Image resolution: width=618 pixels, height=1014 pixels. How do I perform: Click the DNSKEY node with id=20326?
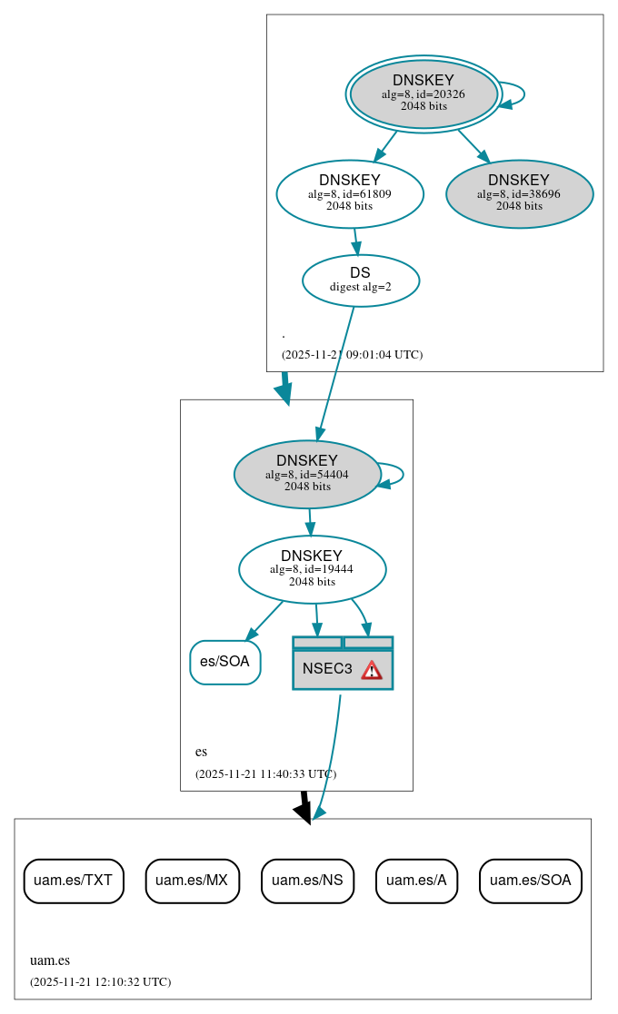[424, 94]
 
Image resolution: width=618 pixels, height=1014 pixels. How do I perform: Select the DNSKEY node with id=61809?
[350, 193]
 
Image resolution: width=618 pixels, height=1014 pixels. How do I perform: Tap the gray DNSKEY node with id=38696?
[519, 193]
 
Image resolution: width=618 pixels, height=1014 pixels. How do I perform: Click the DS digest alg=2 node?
[360, 280]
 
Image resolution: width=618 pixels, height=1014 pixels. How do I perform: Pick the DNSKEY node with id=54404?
[307, 474]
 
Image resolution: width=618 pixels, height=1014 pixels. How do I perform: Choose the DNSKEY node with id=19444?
[312, 569]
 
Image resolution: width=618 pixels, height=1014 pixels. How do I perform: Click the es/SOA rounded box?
[224, 662]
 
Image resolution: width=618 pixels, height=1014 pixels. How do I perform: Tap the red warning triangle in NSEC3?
[372, 670]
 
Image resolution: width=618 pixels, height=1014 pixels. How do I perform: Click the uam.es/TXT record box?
[73, 881]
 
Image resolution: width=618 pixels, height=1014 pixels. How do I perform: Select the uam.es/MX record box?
[192, 881]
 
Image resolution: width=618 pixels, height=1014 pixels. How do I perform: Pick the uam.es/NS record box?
[307, 881]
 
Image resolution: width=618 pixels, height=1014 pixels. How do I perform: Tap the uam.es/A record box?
[416, 881]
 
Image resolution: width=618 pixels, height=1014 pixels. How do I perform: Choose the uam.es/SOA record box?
[531, 881]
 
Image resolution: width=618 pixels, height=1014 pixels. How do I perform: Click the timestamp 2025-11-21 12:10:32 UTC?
[100, 982]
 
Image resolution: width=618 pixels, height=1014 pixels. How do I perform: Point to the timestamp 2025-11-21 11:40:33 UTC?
[265, 774]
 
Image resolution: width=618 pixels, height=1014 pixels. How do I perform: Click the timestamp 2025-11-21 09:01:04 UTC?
[352, 355]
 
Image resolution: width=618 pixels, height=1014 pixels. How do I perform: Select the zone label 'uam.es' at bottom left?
[49, 960]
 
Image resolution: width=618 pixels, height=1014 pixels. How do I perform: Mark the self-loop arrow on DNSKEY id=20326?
[518, 94]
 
